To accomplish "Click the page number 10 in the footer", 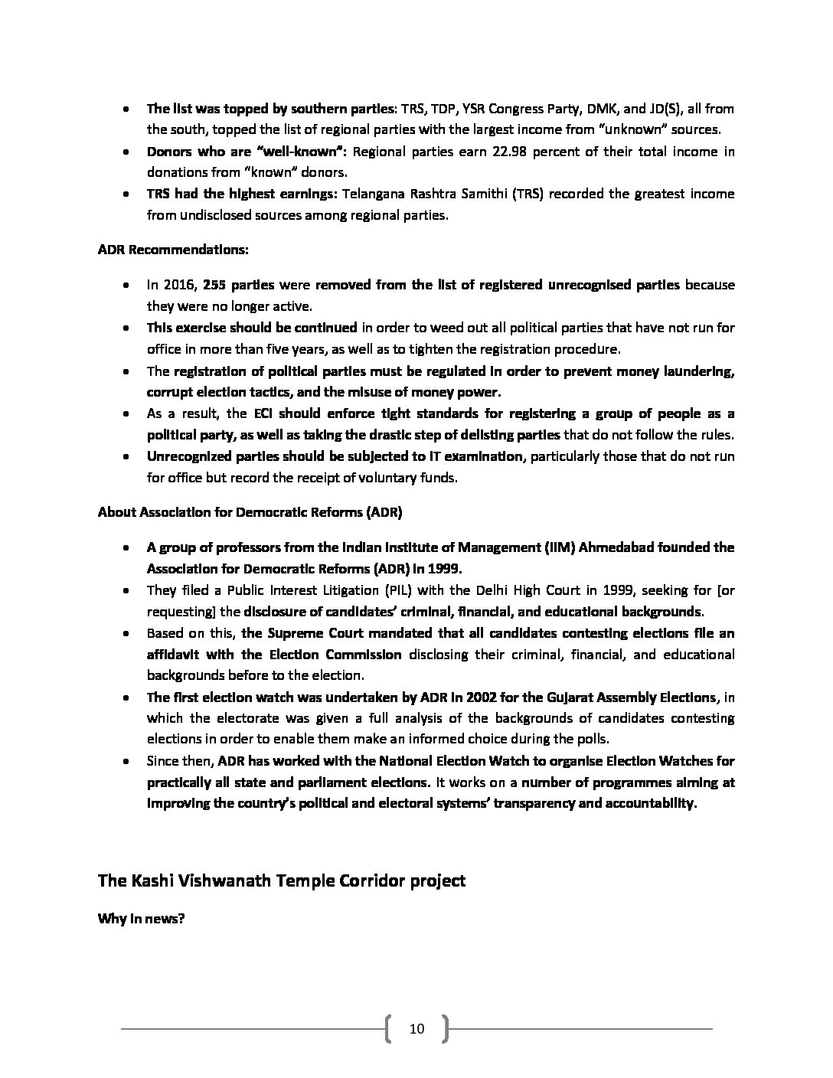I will click(x=416, y=1028).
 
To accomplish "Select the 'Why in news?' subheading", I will click(x=141, y=919).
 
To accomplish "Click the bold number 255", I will click(x=215, y=285).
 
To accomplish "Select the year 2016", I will click(x=180, y=285).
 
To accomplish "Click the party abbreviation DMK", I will click(x=602, y=109).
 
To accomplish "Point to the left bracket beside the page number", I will click(x=389, y=1028).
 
